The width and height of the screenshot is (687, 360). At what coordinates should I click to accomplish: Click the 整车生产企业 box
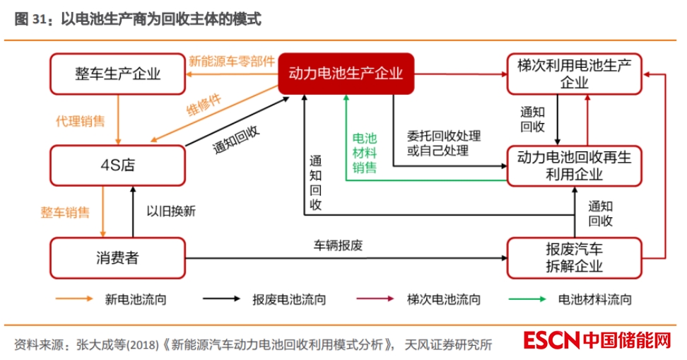tap(118, 74)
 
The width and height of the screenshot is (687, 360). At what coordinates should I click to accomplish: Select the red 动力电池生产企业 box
tap(346, 74)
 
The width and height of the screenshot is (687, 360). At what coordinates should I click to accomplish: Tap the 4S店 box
tap(118, 166)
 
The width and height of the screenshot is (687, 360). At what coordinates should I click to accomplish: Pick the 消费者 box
tap(118, 257)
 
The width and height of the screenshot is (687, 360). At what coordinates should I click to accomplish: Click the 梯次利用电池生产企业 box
tap(574, 74)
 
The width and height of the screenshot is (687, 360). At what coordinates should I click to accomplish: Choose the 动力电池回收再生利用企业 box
tap(574, 166)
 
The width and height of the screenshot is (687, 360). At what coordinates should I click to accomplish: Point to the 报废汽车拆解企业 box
tap(574, 257)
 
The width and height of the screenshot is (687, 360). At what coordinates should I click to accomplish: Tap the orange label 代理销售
tap(81, 121)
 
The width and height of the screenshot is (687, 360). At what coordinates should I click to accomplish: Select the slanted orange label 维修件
tap(204, 104)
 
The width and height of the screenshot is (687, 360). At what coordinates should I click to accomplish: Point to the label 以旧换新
tap(170, 211)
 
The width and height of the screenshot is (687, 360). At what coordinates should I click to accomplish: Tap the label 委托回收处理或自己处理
tap(443, 142)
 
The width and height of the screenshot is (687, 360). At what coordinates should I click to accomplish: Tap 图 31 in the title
tap(29, 20)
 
